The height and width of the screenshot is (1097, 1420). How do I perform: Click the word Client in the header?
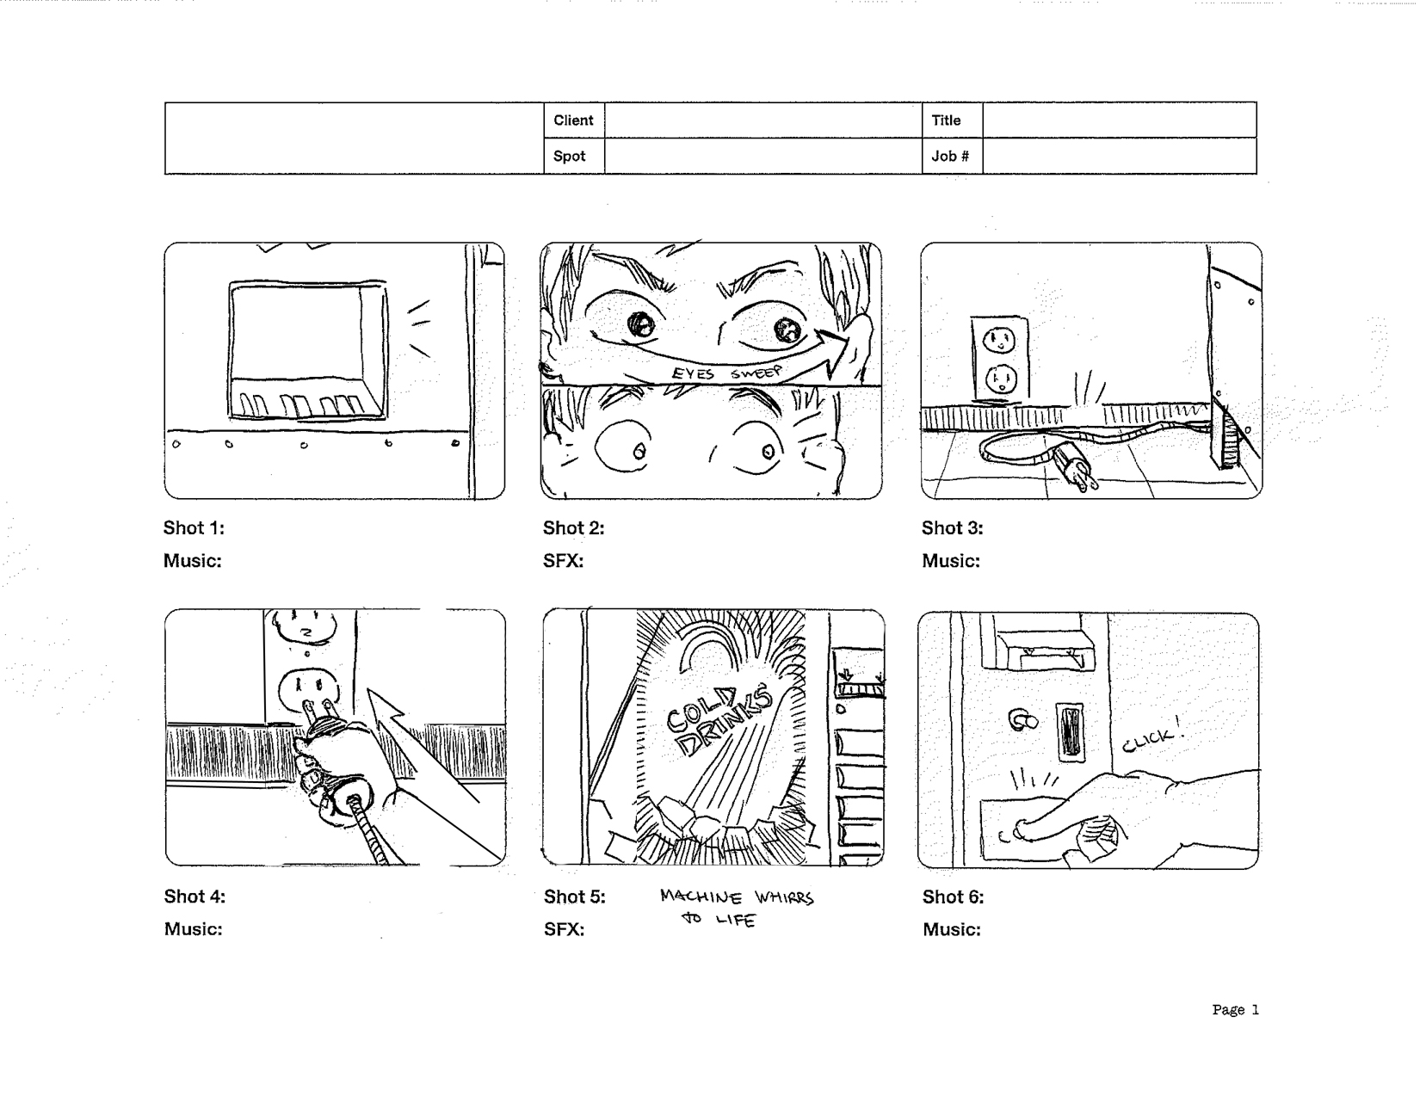[573, 120]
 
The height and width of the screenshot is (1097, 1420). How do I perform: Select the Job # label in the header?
[950, 157]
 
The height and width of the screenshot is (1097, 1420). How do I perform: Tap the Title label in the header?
[946, 120]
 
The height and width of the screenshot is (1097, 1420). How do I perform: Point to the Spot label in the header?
[569, 157]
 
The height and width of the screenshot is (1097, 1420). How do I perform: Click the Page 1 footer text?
[1235, 1010]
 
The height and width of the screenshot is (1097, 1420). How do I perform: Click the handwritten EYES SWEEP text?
[727, 373]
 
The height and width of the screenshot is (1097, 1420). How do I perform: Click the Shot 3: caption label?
[952, 528]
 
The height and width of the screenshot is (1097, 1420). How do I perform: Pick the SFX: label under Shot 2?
[563, 561]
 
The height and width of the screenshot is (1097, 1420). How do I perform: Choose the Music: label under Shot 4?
[193, 929]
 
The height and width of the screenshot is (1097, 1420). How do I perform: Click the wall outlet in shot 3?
[999, 359]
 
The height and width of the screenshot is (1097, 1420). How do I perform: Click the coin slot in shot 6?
[1070, 731]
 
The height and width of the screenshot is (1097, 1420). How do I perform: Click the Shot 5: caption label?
[574, 897]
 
